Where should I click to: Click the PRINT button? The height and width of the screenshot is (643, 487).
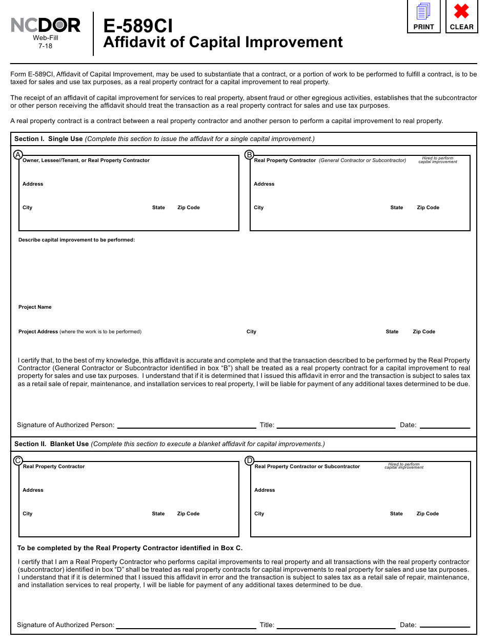coord(423,16)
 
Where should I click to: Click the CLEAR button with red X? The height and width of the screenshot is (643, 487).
coord(461,16)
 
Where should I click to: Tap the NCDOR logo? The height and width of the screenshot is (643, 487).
coord(46,25)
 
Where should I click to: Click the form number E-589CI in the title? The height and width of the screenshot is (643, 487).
coord(138,26)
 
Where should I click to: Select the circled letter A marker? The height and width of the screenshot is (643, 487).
coord(18,154)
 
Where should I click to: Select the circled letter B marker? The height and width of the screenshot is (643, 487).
coord(249,154)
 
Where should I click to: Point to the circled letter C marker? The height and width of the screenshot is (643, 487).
coord(18,460)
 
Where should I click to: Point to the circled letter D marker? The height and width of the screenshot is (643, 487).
coord(250,460)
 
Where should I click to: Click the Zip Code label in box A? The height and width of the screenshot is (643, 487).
coord(188,208)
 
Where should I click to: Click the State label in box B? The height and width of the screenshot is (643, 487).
coord(396,208)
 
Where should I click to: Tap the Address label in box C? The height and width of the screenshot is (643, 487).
coord(33,490)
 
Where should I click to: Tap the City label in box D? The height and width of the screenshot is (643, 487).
coord(259,514)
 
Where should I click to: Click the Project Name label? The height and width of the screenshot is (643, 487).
coord(35,307)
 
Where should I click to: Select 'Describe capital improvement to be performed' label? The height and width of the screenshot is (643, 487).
coord(76,240)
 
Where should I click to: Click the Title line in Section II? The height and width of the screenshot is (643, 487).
coord(336,626)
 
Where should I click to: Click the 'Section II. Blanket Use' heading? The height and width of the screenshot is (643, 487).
coord(51,444)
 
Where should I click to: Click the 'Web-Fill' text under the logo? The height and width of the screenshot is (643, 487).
coord(45,38)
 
